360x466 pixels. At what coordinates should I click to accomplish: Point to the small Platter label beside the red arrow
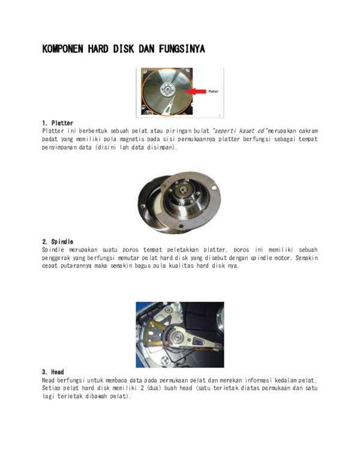[213, 92]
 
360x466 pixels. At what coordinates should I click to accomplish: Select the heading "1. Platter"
[58, 123]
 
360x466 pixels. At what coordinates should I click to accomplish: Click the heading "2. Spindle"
[58, 241]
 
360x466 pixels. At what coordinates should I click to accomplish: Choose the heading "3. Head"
[53, 372]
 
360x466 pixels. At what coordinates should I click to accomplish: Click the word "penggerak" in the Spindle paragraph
[59, 258]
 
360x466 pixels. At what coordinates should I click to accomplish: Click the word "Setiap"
[52, 389]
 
